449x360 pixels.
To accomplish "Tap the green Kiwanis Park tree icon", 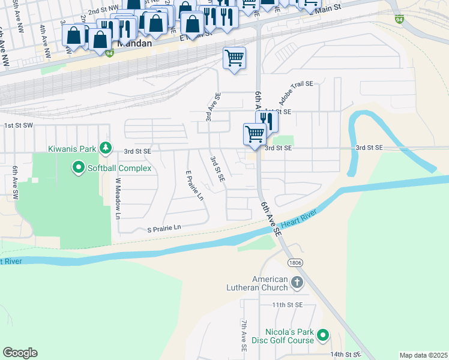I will [106, 147].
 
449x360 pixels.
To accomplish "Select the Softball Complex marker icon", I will [78, 167].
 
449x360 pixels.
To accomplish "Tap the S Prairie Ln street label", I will [155, 228].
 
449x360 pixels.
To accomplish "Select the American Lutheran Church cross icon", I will [296, 283].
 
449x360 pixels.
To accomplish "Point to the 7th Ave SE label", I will [244, 335].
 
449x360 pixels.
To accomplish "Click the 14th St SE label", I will [345, 355].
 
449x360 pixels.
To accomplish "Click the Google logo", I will [20, 353].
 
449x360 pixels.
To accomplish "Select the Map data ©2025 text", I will [423, 355].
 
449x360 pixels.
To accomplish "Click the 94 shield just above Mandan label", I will [109, 53].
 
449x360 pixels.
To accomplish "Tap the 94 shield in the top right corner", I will [399, 19].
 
